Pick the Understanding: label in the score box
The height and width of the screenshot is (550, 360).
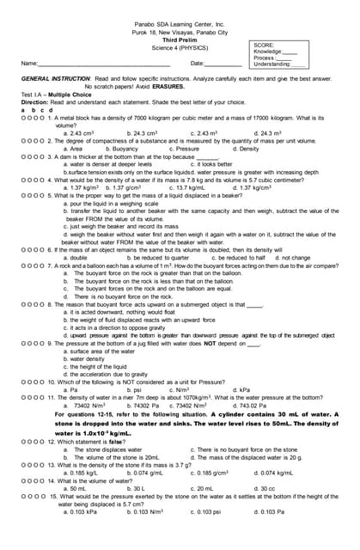(x=272, y=64)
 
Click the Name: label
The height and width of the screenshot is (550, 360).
(x=30, y=64)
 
